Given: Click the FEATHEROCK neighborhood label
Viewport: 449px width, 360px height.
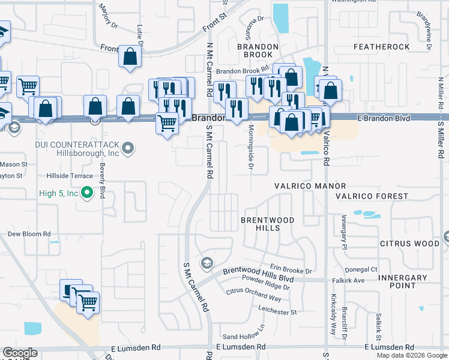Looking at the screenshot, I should point(381,46).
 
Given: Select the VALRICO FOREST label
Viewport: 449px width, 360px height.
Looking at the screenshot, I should point(372,196).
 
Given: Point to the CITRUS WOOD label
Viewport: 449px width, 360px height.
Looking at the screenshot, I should point(409,244).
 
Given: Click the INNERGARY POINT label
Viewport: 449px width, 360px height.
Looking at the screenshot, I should point(403,281).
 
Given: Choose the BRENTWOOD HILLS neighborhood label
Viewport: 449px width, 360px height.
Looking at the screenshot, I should point(267,224).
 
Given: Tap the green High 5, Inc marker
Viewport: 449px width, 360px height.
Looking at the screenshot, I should point(87,193).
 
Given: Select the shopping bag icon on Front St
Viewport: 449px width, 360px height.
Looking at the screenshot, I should point(130,58).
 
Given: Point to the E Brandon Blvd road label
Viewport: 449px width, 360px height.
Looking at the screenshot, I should point(384,118).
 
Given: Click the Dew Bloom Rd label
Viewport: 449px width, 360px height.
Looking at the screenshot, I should point(29,234).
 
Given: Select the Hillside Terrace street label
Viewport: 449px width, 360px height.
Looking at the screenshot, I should point(70,176).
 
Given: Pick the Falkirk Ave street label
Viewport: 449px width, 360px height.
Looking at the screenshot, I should point(351,280).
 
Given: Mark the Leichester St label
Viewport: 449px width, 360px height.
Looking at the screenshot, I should point(277,312).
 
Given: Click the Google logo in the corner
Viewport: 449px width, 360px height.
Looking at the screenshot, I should point(20,353).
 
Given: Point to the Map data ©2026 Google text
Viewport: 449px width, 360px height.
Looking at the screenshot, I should point(412,355).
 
